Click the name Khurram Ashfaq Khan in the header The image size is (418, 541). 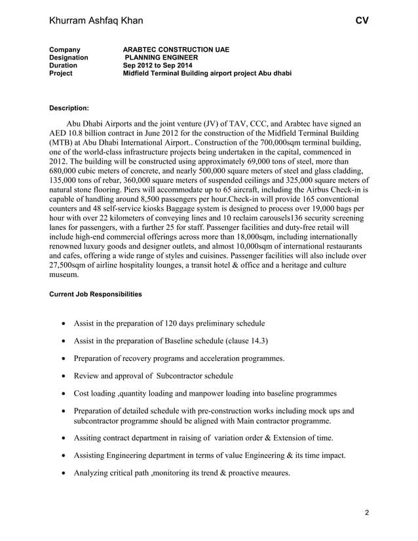[96, 21]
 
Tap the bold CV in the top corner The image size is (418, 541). [362, 21]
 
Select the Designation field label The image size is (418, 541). [69, 58]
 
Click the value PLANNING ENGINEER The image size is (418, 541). [161, 58]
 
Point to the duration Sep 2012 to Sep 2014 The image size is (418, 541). [161, 65]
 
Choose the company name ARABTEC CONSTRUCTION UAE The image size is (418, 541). [176, 50]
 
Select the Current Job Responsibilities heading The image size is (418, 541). [96, 294]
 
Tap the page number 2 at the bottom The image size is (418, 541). [366, 512]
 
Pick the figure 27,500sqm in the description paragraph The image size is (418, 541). [74, 266]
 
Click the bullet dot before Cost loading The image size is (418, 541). [62, 394]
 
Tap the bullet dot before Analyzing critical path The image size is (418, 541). [62, 473]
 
